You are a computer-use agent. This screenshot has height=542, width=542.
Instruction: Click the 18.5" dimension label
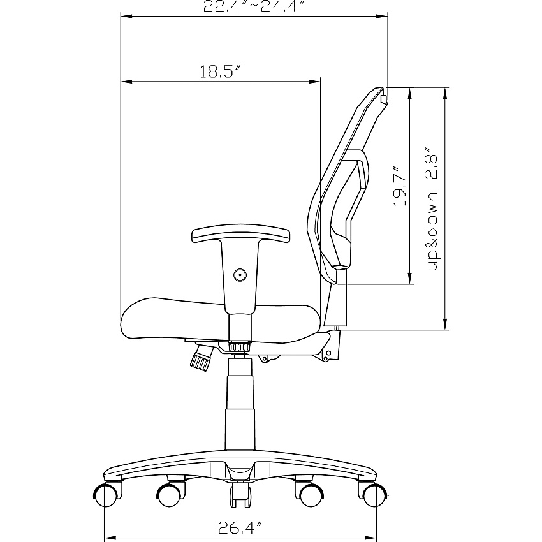[x=220, y=71]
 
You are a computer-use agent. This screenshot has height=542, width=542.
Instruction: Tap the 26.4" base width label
[x=240, y=527]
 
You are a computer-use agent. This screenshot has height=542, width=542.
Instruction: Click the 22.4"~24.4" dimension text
[x=255, y=6]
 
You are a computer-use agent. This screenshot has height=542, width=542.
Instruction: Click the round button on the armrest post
[x=240, y=275]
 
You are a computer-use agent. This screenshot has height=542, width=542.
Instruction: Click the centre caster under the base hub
[x=240, y=495]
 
